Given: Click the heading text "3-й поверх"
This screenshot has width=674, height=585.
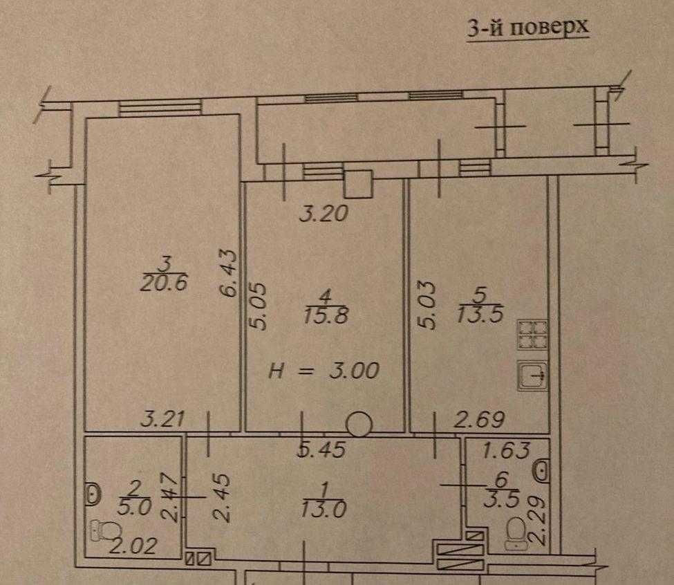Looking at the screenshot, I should [528, 28].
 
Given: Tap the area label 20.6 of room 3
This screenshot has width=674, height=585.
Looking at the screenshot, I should [165, 284].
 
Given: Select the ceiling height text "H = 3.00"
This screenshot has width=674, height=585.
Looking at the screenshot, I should [324, 371].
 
